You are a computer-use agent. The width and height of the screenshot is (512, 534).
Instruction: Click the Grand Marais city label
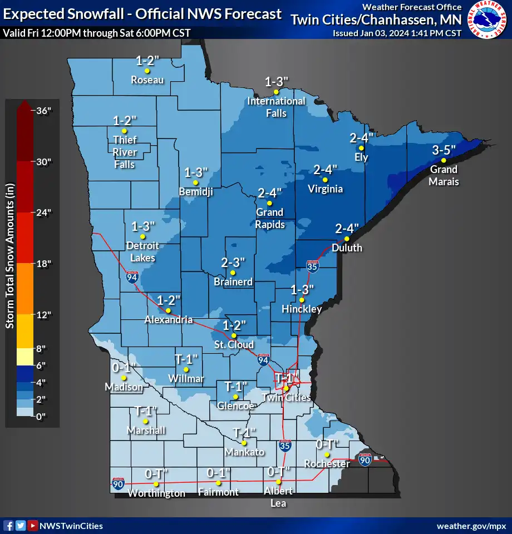[444, 175]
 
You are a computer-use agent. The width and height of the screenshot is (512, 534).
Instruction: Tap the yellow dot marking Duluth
[347, 239]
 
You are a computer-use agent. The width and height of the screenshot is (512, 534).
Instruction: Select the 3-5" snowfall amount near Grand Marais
[444, 150]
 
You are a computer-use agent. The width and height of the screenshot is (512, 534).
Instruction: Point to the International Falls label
[276, 107]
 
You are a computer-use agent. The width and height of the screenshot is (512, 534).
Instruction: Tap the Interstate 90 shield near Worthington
[118, 483]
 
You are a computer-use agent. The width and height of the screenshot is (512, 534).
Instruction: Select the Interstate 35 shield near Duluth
[312, 268]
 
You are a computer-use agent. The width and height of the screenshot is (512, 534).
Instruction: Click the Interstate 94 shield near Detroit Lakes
[132, 277]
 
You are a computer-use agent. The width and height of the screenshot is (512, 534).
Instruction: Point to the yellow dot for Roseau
[147, 71]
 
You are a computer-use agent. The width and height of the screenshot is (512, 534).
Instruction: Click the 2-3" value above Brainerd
[233, 262]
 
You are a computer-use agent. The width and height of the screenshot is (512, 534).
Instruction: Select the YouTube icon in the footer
[33, 526]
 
